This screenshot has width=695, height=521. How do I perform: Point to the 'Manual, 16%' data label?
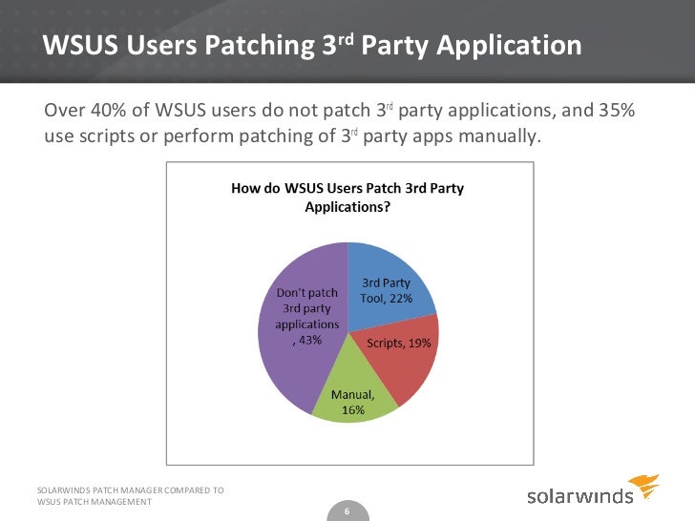pyautogui.click(x=352, y=401)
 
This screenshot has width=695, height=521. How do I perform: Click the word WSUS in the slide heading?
pyautogui.click(x=75, y=45)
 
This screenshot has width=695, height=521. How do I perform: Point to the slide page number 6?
pyautogui.click(x=347, y=511)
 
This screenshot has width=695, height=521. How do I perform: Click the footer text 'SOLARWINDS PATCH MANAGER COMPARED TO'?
pyautogui.click(x=130, y=490)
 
